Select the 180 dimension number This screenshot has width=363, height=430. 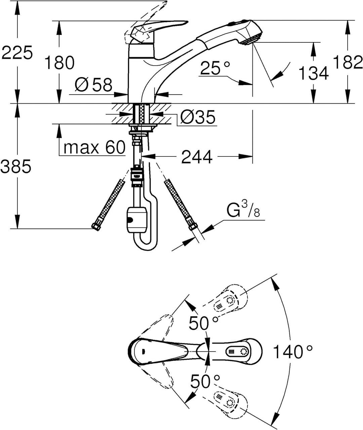[x=59, y=63]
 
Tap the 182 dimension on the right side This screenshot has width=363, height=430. [x=348, y=63]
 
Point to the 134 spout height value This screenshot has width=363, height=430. [x=313, y=73]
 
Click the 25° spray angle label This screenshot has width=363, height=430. [x=215, y=69]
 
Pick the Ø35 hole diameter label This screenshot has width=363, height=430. [x=197, y=117]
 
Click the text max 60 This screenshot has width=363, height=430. [x=94, y=147]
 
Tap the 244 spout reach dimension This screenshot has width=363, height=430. [x=197, y=157]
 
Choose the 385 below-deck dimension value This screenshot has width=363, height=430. [x=16, y=166]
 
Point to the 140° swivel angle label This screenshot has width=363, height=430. [x=292, y=352]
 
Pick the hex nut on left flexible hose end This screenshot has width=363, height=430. [x=96, y=227]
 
